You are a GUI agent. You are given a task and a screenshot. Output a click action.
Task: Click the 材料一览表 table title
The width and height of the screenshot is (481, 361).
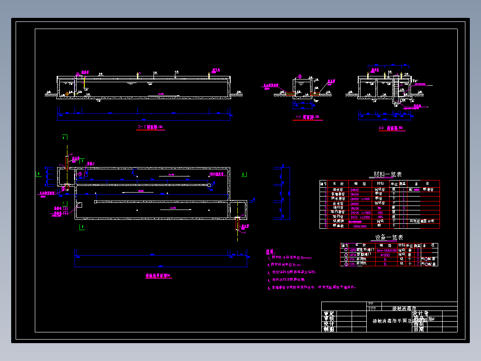tap(387, 174)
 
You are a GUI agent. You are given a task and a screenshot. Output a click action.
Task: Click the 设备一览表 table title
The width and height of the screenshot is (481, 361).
tap(389, 237)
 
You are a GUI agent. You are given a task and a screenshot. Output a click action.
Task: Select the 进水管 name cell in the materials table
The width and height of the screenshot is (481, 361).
tap(338, 189)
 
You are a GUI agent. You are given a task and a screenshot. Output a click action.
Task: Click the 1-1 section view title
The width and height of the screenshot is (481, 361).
tap(307, 118)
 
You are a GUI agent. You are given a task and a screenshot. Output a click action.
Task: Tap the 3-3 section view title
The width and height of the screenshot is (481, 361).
tap(386, 128)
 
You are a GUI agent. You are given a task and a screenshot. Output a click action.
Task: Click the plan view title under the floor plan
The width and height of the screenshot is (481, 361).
tap(158, 276)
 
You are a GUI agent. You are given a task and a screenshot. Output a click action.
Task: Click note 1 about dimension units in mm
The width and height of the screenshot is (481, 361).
tap(292, 258)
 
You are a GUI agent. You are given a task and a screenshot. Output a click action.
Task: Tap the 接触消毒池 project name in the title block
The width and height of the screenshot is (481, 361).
tap(404, 309)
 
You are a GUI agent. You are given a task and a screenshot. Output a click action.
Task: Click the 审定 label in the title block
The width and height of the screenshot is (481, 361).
tap(329, 314)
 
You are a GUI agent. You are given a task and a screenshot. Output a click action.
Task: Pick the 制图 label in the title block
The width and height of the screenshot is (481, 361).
tap(329, 329)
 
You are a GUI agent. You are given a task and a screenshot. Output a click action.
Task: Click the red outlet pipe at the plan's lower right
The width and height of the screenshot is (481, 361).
tap(237, 223)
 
